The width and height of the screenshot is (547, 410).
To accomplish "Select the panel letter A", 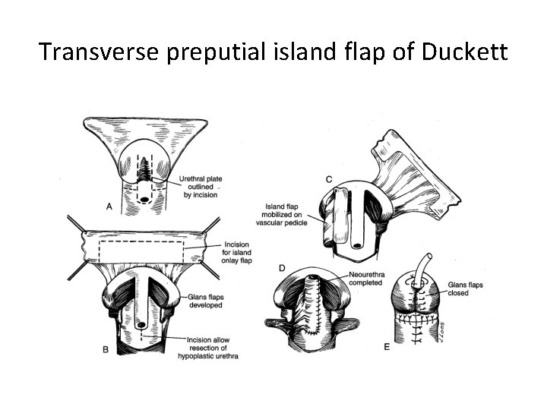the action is click(x=111, y=206).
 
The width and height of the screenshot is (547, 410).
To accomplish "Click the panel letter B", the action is click(x=106, y=349).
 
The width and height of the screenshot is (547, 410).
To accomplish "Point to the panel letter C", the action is click(x=328, y=178).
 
